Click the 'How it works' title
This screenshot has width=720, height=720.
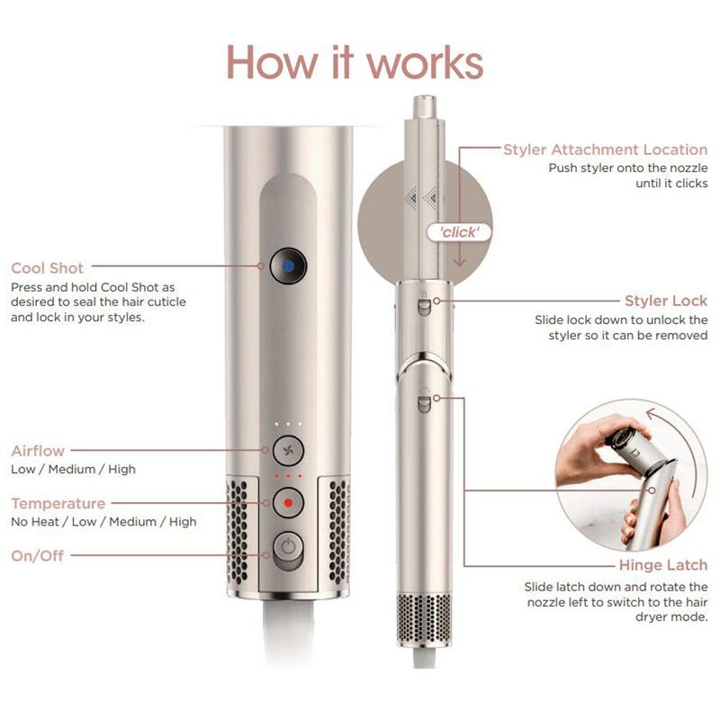tap(355, 62)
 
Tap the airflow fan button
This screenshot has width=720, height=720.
tap(288, 451)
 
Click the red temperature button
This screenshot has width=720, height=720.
tap(288, 503)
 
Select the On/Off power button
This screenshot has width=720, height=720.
tap(288, 548)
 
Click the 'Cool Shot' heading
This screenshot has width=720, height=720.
tap(48, 268)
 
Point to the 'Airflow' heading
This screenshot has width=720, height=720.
tap(38, 451)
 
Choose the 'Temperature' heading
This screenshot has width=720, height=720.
tap(58, 504)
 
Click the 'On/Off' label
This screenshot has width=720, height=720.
tap(38, 556)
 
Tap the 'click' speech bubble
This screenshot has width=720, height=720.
tap(459, 232)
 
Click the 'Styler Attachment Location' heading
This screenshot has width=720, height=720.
tap(605, 149)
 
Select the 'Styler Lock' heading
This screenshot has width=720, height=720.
tap(666, 301)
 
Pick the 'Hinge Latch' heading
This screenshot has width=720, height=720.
tap(663, 565)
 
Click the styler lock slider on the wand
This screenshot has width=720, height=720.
tap(423, 306)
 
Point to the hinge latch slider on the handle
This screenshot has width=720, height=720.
tap(423, 402)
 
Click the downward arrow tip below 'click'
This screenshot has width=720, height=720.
tap(460, 265)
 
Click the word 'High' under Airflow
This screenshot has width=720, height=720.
tap(121, 469)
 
